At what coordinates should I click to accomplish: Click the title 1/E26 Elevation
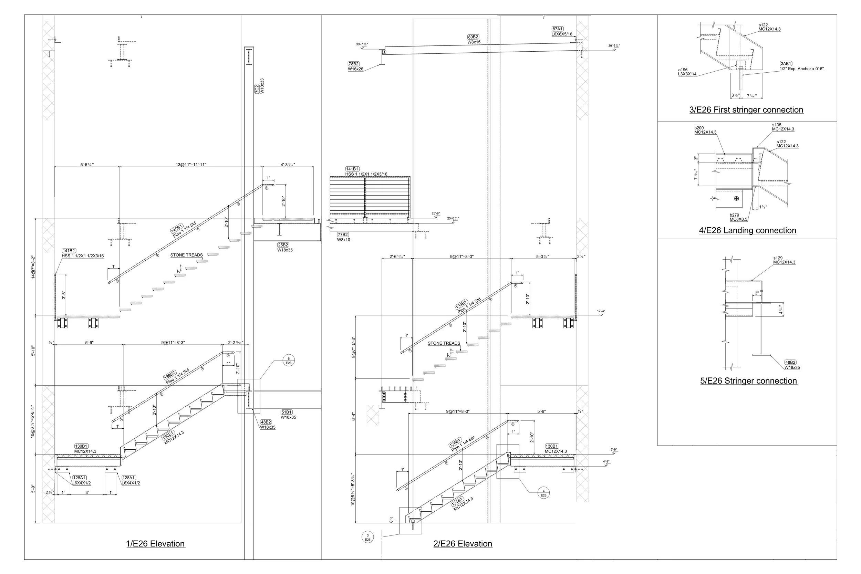click(155, 544)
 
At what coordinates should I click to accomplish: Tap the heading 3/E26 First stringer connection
click(746, 110)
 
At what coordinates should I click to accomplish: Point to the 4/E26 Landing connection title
click(747, 230)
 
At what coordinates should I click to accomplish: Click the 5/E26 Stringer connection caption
click(748, 381)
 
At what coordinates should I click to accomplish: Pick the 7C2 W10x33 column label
click(260, 86)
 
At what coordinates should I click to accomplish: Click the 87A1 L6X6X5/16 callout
click(562, 31)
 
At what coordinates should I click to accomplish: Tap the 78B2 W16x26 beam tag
click(355, 66)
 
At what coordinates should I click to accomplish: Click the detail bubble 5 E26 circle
click(289, 361)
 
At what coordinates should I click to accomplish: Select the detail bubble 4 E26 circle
click(543, 493)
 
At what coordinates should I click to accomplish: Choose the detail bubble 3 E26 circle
click(367, 538)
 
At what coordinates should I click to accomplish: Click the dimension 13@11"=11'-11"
click(191, 165)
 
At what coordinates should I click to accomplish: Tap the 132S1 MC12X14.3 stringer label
click(173, 437)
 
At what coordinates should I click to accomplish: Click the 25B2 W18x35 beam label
click(284, 248)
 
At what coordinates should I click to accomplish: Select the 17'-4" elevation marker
click(601, 312)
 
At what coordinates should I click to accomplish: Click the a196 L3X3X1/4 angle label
click(687, 72)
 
